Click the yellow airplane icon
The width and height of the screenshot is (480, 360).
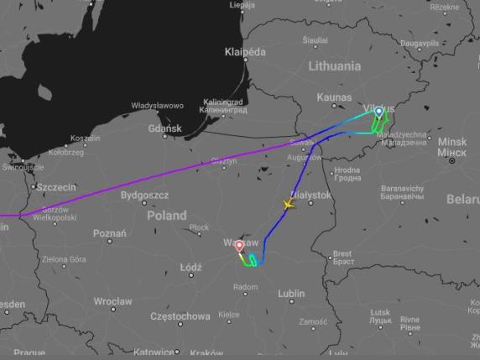289,204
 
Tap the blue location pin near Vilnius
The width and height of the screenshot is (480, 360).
378,112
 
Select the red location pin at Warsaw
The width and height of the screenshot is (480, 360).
239,246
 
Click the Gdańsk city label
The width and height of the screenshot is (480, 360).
164,128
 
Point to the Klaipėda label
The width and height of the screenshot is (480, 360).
245,52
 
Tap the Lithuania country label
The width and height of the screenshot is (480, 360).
334,65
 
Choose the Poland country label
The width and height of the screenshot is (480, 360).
167,215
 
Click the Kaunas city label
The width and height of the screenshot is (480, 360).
336,98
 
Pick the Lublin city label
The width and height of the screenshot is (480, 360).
291,294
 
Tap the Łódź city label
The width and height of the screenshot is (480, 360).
191,268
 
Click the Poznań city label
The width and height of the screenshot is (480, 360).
110,233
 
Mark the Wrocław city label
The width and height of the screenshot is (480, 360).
112,300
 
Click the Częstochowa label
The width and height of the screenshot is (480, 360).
180,316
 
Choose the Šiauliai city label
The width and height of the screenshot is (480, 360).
316,39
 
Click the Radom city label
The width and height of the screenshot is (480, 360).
245,287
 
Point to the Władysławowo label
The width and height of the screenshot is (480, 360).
157,106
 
